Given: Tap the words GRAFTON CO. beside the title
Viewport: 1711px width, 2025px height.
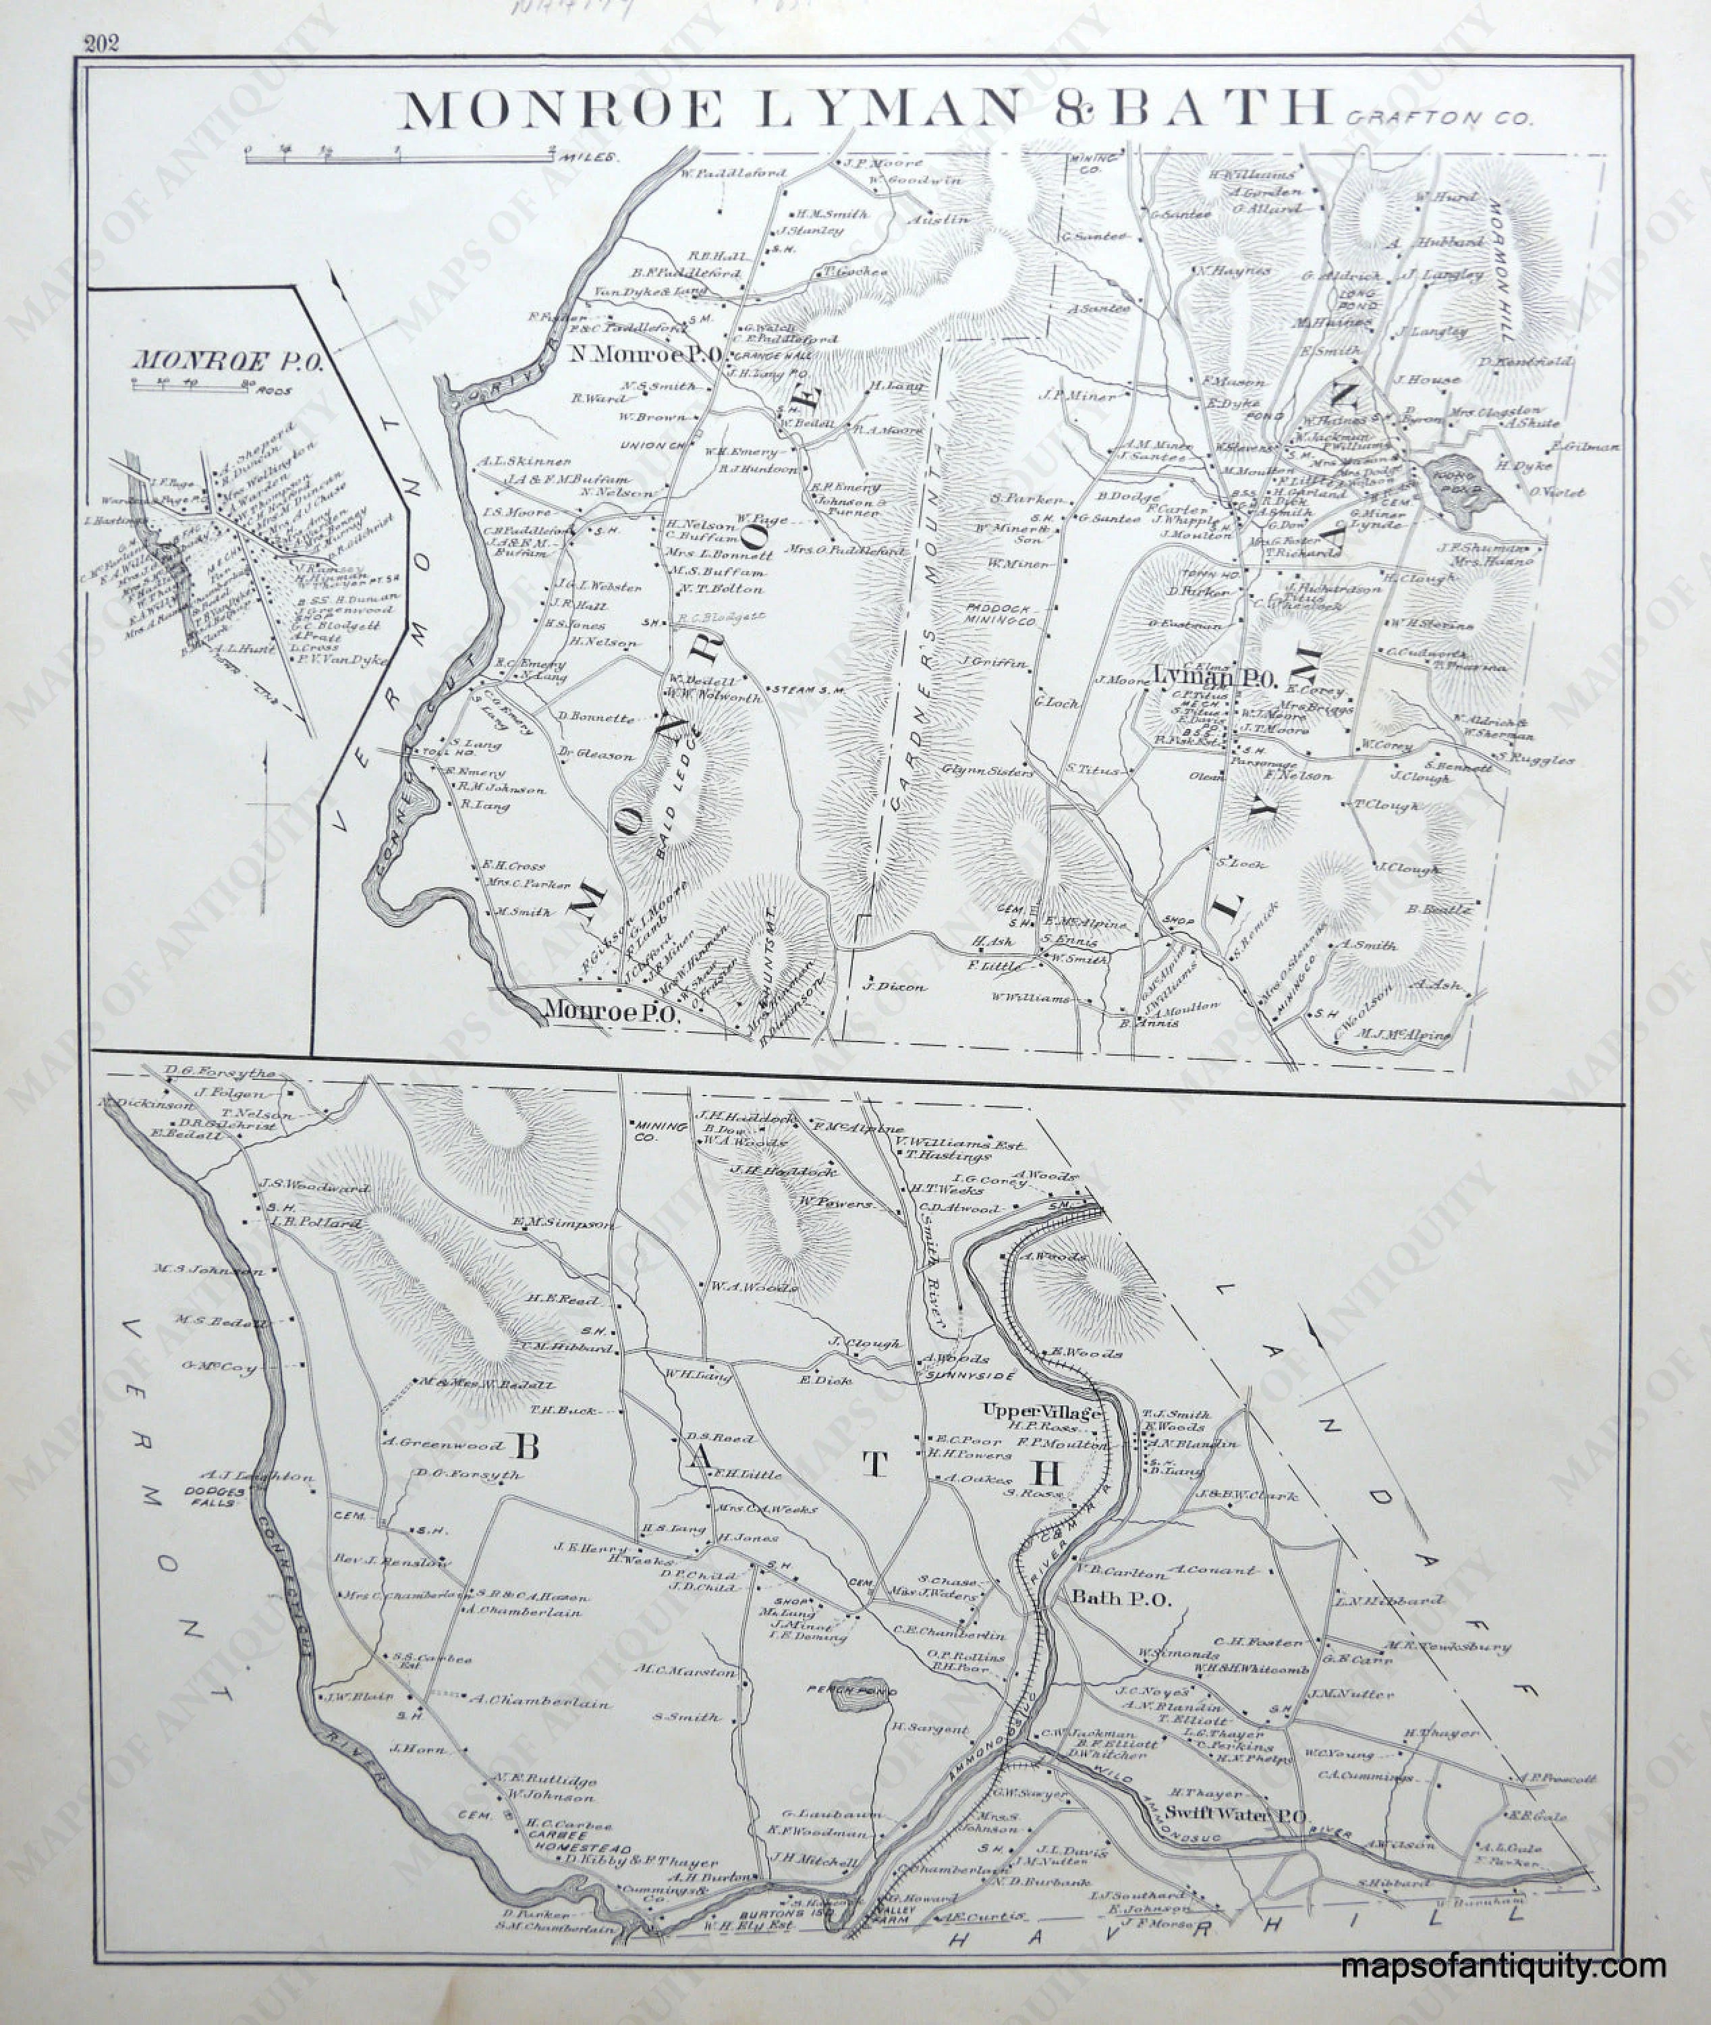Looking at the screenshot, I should tap(1439, 119).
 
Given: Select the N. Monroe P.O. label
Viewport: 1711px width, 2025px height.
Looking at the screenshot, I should tap(646, 354).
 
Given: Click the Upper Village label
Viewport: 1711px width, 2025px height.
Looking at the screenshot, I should tap(1042, 1411).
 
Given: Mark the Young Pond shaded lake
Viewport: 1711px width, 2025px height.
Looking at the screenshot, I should tap(1463, 481).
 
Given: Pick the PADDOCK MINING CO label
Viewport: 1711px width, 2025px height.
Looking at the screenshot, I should tap(999, 613).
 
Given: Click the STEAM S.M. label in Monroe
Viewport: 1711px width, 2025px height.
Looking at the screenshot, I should tap(809, 690).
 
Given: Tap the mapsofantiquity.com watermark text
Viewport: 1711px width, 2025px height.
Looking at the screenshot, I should tap(1503, 1967).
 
